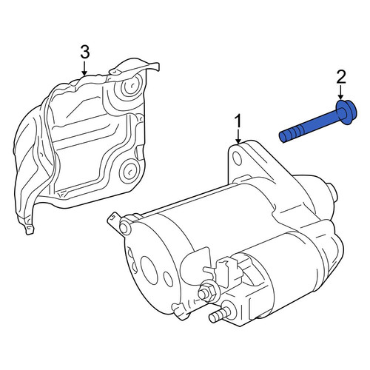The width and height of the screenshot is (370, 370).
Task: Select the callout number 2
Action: click(341, 78)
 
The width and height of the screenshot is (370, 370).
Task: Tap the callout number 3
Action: click(84, 53)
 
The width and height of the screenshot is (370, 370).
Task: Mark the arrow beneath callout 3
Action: click(84, 68)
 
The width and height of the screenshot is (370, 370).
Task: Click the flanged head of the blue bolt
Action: click(346, 112)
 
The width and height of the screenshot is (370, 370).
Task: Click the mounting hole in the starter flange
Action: click(237, 158)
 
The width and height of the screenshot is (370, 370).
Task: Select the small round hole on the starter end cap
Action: click(168, 280)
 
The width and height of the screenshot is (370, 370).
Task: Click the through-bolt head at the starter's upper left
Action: click(125, 227)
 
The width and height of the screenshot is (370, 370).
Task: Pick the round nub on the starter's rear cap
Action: click(331, 192)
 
